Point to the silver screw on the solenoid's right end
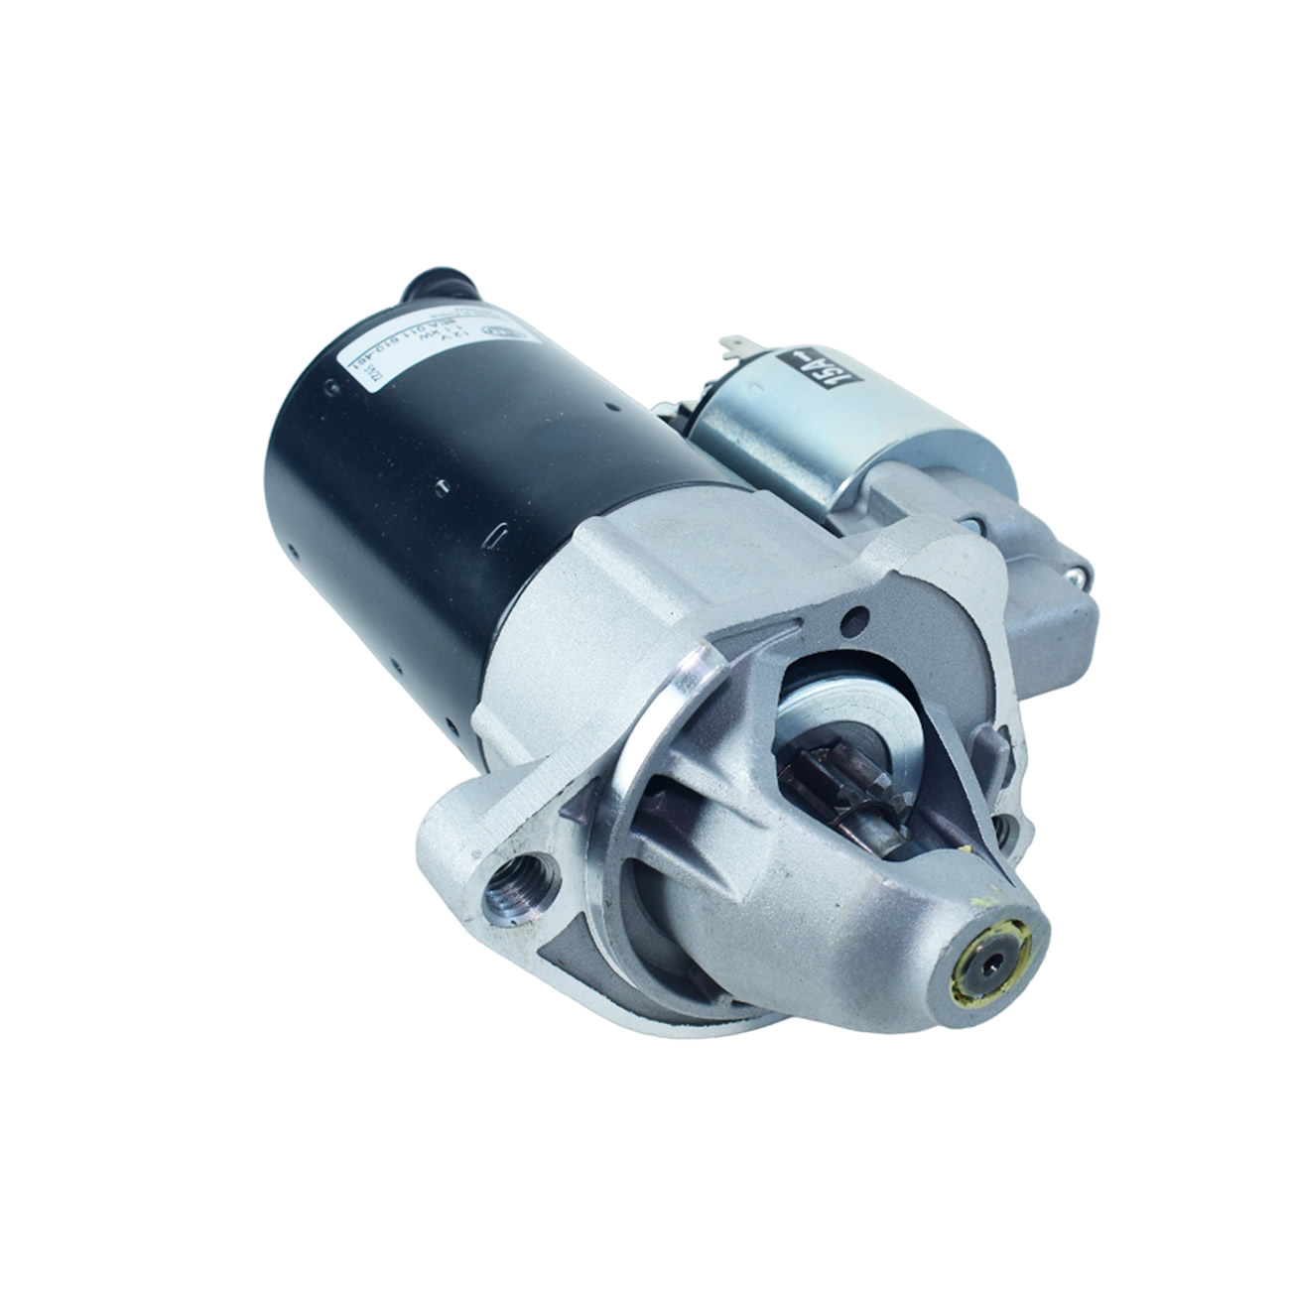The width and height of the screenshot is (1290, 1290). (1081, 574)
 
